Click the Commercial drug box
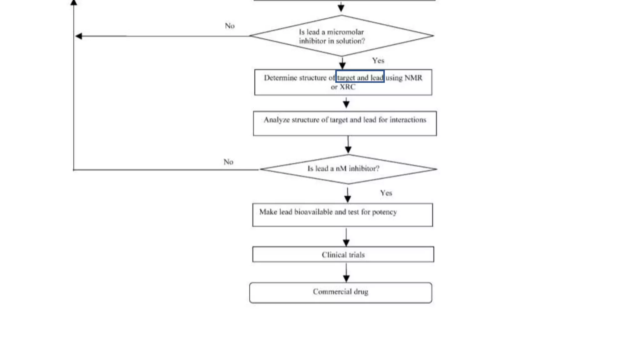tap(341, 292)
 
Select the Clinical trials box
tap(343, 254)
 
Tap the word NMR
tap(413, 77)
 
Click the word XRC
tap(347, 87)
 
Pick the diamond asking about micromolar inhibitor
tap(341, 36)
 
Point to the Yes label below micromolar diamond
tap(378, 60)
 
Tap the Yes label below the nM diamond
tap(386, 193)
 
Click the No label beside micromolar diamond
tap(230, 26)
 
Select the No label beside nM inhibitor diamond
tap(228, 162)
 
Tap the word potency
tap(384, 212)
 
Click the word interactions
tap(408, 120)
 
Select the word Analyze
tap(277, 120)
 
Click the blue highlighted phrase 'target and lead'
tap(360, 77)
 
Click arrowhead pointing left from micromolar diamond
tap(79, 36)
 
